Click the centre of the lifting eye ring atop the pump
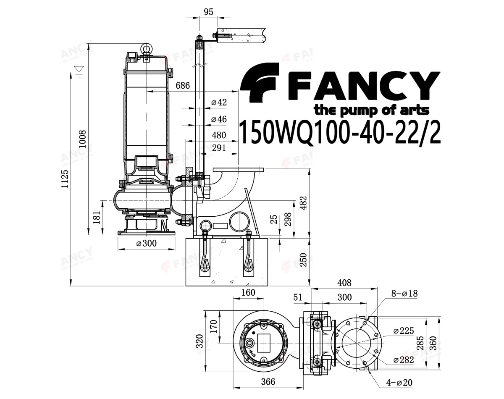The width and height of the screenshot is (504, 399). tap(147, 48)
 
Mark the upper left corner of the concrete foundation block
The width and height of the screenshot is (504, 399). tap(186, 238)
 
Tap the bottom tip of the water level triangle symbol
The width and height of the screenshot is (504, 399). tap(79, 71)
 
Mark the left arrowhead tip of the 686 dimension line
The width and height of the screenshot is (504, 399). tap(147, 92)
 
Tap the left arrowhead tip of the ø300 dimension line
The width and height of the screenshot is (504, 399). tap(118, 249)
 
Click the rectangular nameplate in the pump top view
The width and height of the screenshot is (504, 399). tap(264, 343)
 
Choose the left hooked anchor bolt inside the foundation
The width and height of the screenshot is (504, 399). tap(205, 257)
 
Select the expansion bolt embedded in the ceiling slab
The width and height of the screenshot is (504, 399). tap(223, 36)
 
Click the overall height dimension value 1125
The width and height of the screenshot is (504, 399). tap(65, 178)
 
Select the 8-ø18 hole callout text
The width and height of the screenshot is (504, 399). tap(404, 294)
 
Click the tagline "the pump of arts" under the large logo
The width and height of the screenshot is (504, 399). tap(371, 110)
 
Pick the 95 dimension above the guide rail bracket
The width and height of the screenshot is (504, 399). tap(208, 12)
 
